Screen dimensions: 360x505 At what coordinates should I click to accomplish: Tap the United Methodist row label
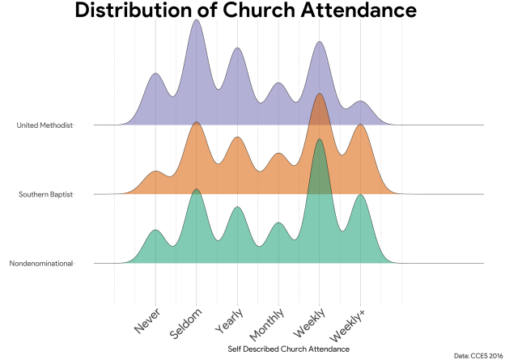pyautogui.click(x=45, y=125)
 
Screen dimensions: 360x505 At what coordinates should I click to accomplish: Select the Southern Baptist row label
pyautogui.click(x=45, y=194)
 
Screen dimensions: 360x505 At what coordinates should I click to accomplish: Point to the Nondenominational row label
pyautogui.click(x=41, y=264)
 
